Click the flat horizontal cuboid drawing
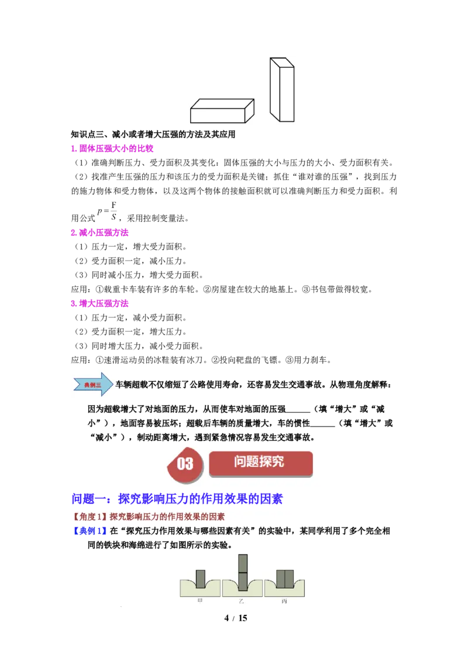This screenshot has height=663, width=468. [222, 111]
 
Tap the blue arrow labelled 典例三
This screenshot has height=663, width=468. [93, 384]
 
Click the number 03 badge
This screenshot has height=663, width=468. [185, 464]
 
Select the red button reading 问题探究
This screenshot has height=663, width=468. [260, 462]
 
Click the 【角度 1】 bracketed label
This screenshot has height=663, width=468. [90, 517]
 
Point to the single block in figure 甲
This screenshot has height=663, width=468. [201, 579]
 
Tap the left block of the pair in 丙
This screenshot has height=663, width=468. [280, 579]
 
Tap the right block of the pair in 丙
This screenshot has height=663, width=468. [288, 579]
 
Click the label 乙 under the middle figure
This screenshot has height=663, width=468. [242, 601]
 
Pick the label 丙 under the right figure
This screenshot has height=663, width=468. [284, 601]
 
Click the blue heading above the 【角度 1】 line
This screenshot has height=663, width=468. [177, 499]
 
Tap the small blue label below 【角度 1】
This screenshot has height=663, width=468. [89, 532]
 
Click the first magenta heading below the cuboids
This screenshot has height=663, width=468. [112, 149]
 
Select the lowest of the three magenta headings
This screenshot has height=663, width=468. [100, 303]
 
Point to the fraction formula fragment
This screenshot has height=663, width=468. [111, 210]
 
